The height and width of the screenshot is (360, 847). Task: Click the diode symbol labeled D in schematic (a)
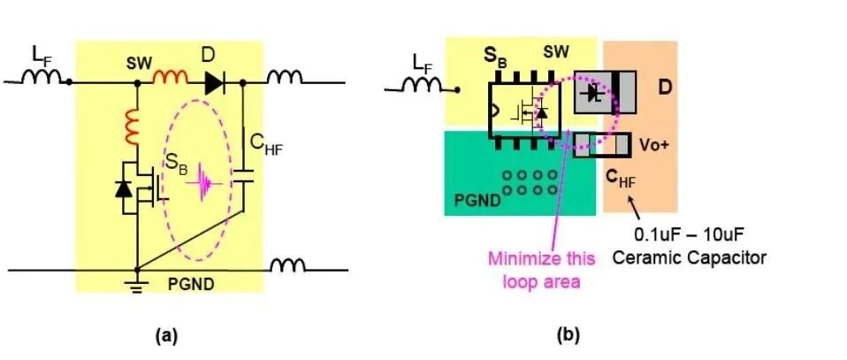tap(213, 83)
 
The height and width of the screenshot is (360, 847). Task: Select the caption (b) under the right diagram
tap(568, 335)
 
